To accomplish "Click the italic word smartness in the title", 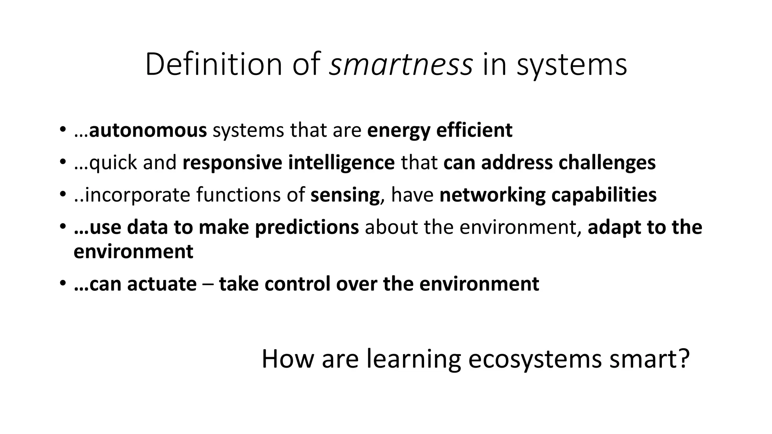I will (401, 65).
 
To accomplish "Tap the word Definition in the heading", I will (214, 65).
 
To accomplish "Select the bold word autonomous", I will (148, 130).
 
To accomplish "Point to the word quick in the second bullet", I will (113, 163).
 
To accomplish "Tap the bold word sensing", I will (345, 195).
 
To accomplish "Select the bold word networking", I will (492, 195).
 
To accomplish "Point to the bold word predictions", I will (307, 228).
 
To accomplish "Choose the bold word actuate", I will (162, 284).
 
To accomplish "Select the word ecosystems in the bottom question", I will (535, 359).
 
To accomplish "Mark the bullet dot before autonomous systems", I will (62, 130).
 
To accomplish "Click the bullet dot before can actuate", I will (62, 284).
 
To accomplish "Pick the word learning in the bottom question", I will (414, 359).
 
